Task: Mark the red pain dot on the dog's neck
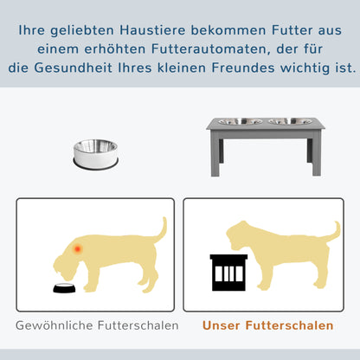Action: (x=78, y=249)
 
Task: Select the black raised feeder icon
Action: (x=228, y=273)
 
